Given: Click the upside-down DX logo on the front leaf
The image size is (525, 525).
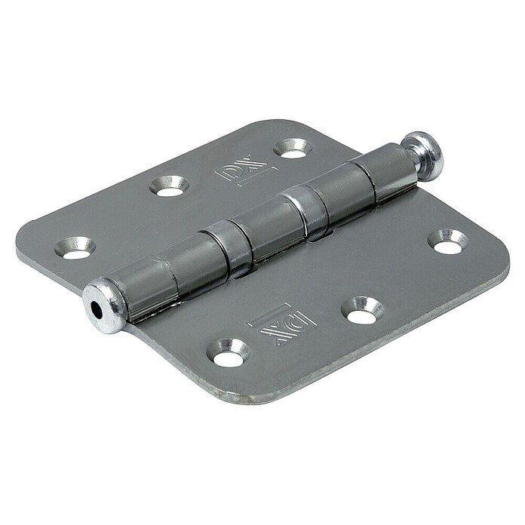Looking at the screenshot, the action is pyautogui.click(x=281, y=324).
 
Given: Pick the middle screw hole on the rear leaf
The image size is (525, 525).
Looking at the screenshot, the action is pyautogui.click(x=169, y=186).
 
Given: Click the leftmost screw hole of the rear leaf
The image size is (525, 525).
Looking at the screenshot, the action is pyautogui.click(x=75, y=248).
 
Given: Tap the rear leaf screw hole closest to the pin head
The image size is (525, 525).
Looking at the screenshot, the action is pyautogui.click(x=293, y=149).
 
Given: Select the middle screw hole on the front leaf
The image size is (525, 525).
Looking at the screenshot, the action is pyautogui.click(x=362, y=311).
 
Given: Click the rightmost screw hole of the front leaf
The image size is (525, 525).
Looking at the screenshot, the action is pyautogui.click(x=448, y=241).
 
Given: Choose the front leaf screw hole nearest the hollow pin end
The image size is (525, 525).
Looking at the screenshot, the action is pyautogui.click(x=228, y=353).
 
